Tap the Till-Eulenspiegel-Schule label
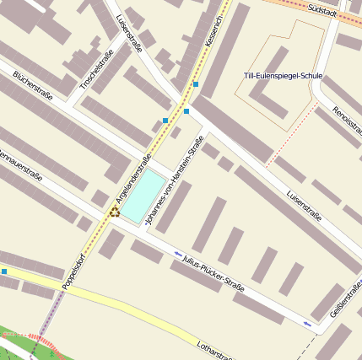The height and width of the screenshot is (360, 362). [x=284, y=76]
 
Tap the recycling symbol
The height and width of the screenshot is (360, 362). [x=114, y=212]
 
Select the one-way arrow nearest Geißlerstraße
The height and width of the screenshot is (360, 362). [x=307, y=324]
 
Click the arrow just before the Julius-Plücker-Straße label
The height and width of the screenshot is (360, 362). [x=178, y=253]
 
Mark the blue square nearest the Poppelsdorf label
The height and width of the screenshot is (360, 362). [x=4, y=271]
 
